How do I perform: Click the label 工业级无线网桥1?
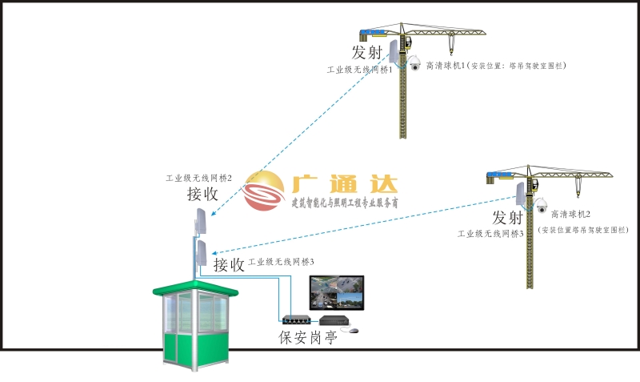pyautogui.click(x=359, y=70)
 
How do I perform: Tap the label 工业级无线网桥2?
pyautogui.click(x=198, y=178)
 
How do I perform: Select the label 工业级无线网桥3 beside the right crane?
pyautogui.click(x=490, y=234)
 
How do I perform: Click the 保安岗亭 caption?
pyautogui.click(x=308, y=337)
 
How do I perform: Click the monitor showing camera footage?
pyautogui.click(x=337, y=293)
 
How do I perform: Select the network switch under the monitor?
pyautogui.click(x=297, y=320)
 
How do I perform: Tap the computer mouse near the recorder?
pyautogui.click(x=354, y=330)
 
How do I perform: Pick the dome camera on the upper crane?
pyautogui.click(x=414, y=63)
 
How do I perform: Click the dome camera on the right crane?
pyautogui.click(x=542, y=206)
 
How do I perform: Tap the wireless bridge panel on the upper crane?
pyautogui.click(x=394, y=51)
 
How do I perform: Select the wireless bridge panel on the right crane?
pyautogui.click(x=521, y=194)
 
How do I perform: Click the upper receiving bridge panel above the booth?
pyautogui.click(x=201, y=221)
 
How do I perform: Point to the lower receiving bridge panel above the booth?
pyautogui.click(x=201, y=253)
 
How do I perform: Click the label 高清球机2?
pyautogui.click(x=570, y=214)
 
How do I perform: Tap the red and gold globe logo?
pyautogui.click(x=264, y=191)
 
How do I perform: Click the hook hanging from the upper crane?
pyautogui.click(x=451, y=44)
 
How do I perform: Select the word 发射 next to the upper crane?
pyautogui.click(x=367, y=52)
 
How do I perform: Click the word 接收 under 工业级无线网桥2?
pyautogui.click(x=202, y=194)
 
